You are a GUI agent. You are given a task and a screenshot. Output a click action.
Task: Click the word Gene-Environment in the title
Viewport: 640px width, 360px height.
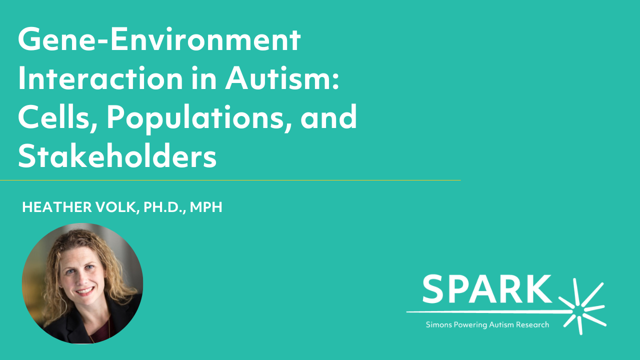click(159, 39)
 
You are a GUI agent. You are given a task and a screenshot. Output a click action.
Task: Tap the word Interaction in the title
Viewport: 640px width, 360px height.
click(100, 78)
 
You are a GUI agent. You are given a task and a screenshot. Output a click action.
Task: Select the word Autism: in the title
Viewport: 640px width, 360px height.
click(282, 78)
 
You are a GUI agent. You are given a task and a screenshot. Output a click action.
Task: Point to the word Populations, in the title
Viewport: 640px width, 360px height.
click(199, 118)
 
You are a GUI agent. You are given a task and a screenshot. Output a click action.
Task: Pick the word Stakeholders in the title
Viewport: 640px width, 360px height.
click(117, 156)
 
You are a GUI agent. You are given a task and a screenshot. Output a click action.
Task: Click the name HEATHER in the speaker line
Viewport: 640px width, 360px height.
click(57, 207)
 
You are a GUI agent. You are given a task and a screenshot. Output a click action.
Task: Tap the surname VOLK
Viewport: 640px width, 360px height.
click(117, 207)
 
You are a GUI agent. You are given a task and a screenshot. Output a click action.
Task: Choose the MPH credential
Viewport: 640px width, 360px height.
click(206, 207)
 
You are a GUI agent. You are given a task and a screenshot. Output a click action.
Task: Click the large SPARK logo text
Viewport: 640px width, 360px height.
click(487, 289)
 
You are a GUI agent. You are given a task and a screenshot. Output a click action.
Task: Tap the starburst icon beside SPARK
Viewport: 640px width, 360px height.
click(582, 307)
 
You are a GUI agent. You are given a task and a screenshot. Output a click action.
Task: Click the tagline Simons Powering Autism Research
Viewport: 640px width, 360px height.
click(487, 325)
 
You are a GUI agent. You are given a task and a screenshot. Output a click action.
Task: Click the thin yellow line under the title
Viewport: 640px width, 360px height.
click(230, 180)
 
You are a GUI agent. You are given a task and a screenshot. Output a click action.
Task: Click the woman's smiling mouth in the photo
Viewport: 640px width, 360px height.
click(85, 291)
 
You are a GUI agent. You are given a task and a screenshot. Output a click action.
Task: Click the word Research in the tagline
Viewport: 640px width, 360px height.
click(532, 325)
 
